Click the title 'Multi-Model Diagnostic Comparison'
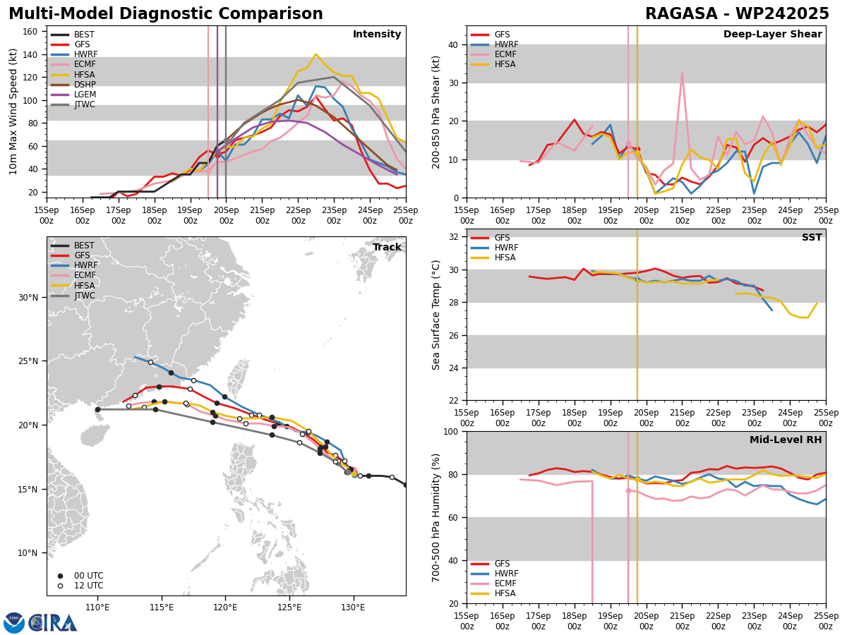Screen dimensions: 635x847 pos(165,14)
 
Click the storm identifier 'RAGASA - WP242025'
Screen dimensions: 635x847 pos(737,14)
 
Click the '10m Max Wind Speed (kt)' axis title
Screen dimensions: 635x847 pos(13,111)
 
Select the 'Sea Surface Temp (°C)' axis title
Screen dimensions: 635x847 pos(437,315)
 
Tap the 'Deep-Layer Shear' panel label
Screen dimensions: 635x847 pos(772,35)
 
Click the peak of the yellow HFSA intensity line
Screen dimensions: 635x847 pos(316,54)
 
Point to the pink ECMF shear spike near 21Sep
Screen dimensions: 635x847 pos(682,73)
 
